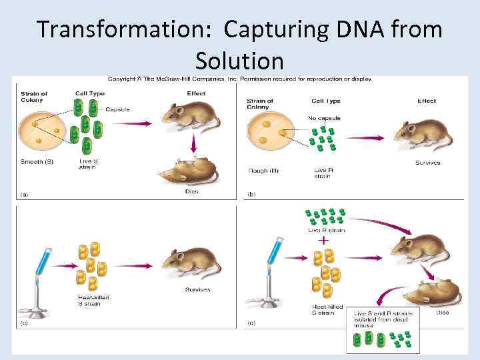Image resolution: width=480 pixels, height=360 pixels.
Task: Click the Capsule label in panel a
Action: coord(117,109)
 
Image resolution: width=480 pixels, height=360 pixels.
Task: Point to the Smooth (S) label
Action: coord(39,161)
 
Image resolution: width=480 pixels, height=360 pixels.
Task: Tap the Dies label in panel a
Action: coord(192,192)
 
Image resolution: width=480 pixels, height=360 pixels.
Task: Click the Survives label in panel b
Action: coord(427,163)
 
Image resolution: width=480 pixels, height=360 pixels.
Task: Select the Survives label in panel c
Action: coord(197,289)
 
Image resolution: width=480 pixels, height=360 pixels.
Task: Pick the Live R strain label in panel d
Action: coord(327,230)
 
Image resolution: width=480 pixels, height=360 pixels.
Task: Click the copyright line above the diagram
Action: coord(240,79)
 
